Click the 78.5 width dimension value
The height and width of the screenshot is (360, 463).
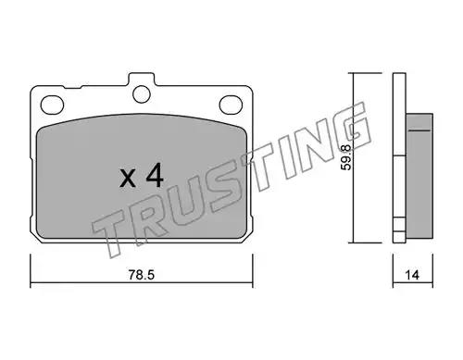coord(141,275)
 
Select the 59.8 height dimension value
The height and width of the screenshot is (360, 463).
coord(346,157)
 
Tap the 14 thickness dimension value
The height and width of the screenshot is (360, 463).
coord(412,275)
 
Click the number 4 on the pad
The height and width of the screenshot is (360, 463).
coord(155,175)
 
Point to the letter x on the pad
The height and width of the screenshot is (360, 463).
coord(128,179)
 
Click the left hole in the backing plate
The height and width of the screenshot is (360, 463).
coord(52,105)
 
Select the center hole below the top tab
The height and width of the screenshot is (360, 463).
coord(142,94)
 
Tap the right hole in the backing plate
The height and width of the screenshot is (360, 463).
coord(231,105)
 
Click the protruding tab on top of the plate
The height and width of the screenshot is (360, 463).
coord(142,80)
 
